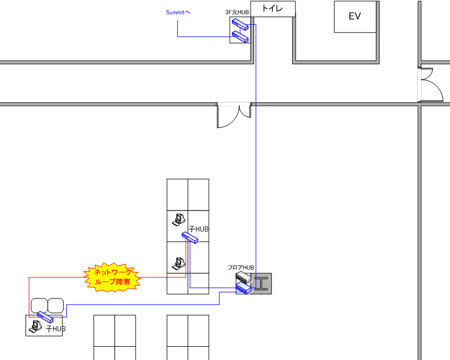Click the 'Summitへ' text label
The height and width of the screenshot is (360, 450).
tap(178, 12)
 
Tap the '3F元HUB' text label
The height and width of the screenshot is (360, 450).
tap(237, 12)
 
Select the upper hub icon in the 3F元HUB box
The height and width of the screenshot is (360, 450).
tap(240, 24)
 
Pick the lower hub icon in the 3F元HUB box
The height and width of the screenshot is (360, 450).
tap(240, 37)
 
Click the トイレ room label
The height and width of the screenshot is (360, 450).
tap(273, 9)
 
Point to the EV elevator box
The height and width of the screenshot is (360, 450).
tap(355, 17)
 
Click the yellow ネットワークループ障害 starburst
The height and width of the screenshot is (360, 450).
tap(113, 277)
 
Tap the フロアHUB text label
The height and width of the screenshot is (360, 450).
tap(241, 268)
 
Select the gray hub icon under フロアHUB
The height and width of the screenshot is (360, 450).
tap(243, 277)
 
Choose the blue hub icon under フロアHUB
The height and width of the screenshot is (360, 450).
tap(243, 288)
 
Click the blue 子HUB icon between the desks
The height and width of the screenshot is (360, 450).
tap(190, 238)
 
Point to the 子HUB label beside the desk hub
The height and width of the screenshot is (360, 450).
tap(199, 229)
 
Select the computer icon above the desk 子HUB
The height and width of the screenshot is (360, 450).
tap(178, 219)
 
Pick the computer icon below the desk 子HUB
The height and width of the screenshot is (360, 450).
tap(178, 263)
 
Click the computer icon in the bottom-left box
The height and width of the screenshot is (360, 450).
tap(34, 327)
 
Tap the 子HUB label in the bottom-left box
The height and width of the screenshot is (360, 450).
tap(55, 328)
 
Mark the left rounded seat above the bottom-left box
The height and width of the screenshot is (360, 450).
tap(39, 305)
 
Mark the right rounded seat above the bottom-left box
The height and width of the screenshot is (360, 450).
tap(56, 305)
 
